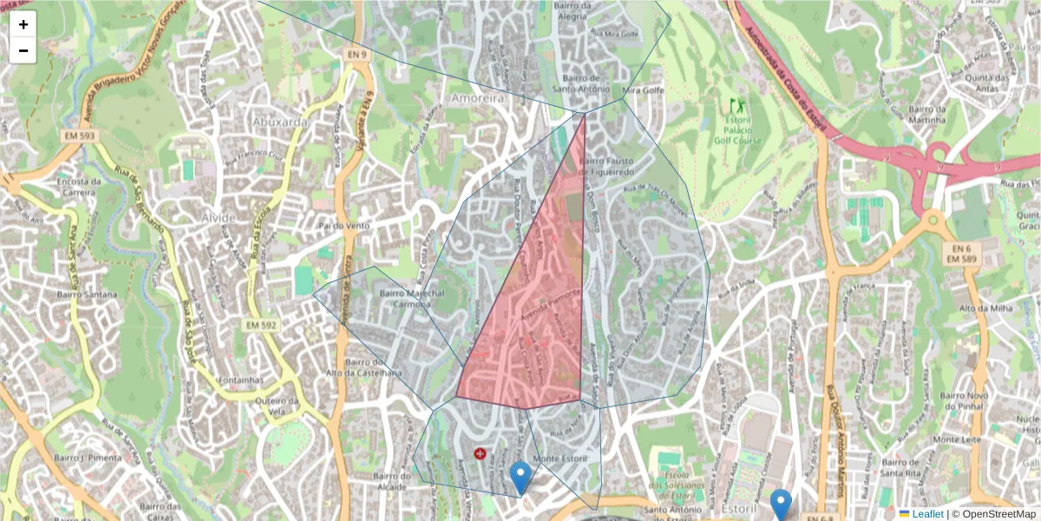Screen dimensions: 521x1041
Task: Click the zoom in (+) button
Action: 23,24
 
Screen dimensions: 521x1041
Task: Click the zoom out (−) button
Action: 23,50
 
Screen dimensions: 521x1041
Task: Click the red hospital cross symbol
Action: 480,453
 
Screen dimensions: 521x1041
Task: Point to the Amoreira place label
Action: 476,99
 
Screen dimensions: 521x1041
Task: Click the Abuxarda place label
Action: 279,122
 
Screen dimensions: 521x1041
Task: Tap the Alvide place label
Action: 217,216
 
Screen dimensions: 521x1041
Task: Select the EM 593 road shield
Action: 79,136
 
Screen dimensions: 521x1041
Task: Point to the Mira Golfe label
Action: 642,89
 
